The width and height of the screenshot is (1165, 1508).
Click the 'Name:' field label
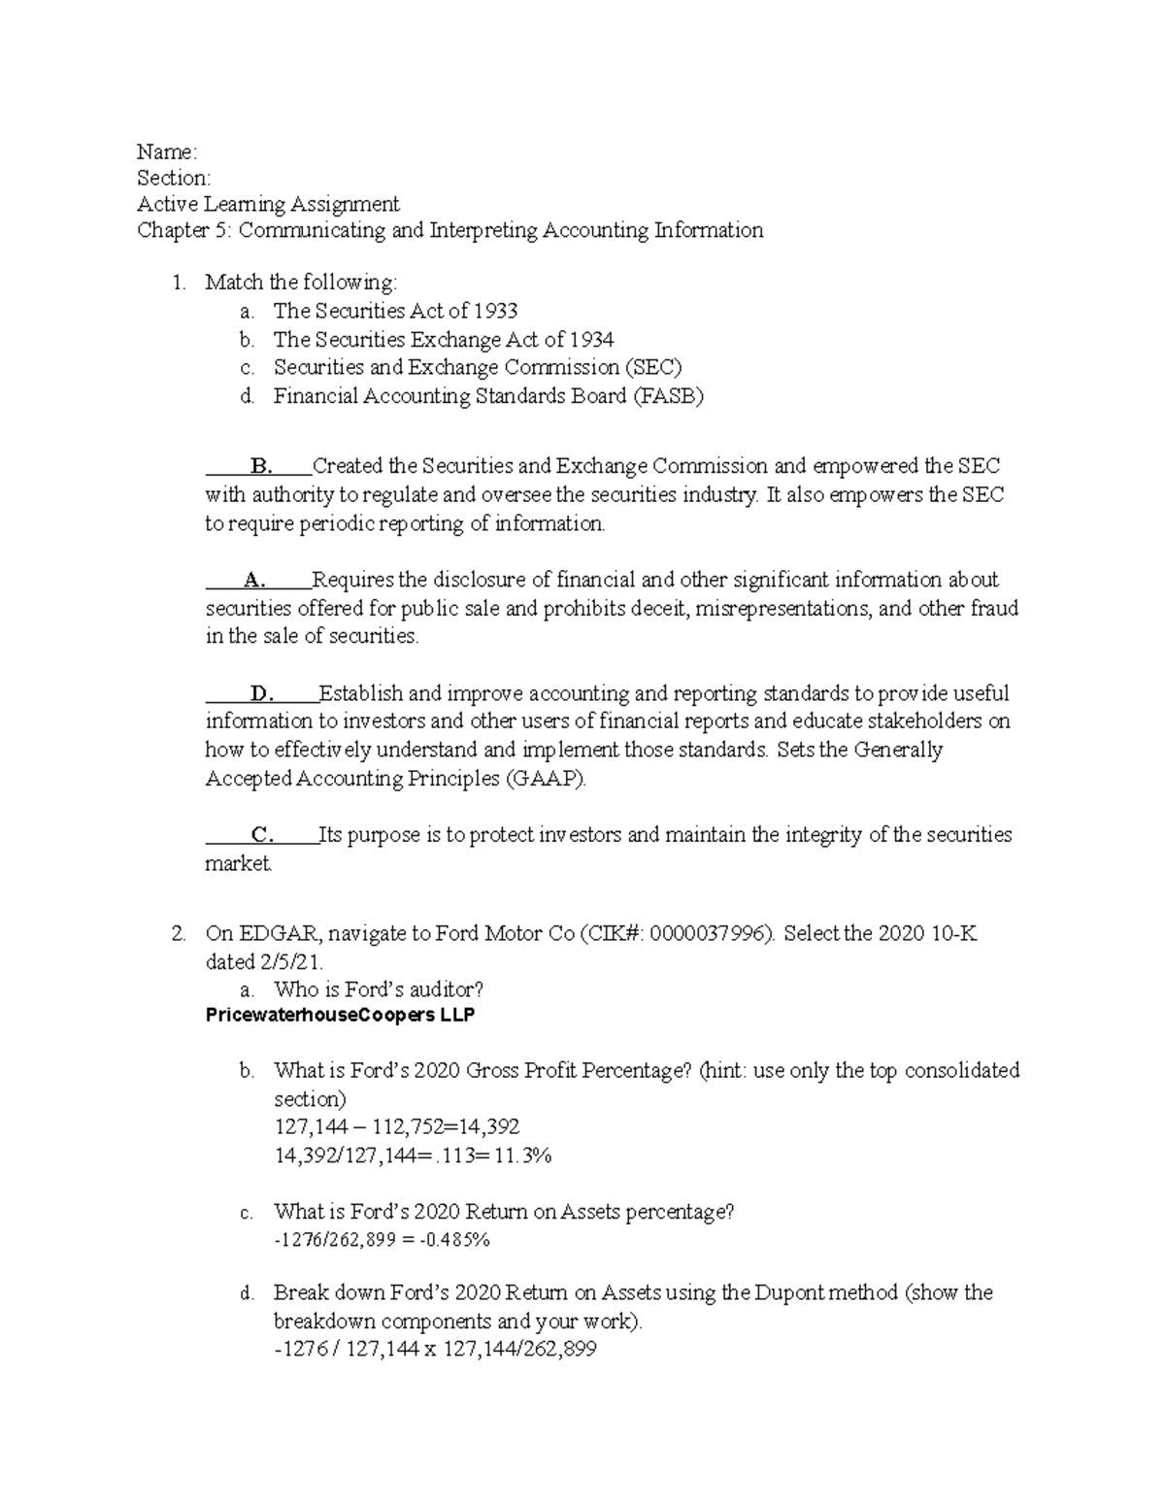(x=167, y=151)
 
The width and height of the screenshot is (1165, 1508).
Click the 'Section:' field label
(x=173, y=178)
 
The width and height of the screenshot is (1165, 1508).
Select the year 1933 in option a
(x=496, y=311)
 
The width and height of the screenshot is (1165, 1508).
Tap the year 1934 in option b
(x=592, y=339)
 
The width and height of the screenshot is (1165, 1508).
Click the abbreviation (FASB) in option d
(x=668, y=396)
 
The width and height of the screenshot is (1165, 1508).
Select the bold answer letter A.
(x=254, y=581)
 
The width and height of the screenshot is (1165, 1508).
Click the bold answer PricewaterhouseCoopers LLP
(x=341, y=1016)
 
